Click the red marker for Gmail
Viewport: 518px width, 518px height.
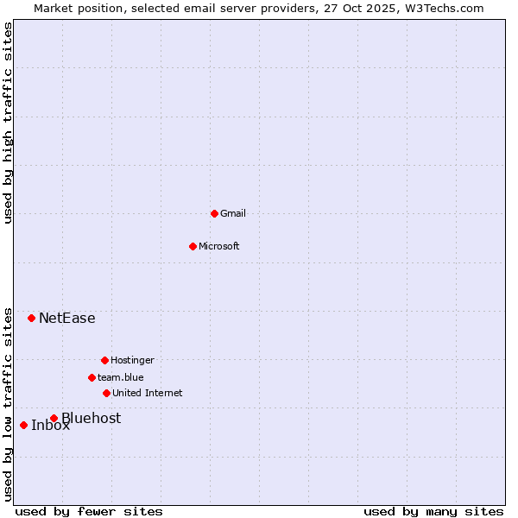coord(214,213)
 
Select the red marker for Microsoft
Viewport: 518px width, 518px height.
coord(193,246)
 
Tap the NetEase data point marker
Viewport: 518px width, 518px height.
coord(31,318)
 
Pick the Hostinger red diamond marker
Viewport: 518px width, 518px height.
coord(104,360)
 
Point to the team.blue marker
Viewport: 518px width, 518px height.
coord(92,377)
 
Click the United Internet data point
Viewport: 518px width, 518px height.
coord(106,393)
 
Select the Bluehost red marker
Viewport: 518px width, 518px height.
coord(54,418)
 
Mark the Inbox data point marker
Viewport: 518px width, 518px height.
coord(23,425)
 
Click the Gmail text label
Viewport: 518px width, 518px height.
coord(233,213)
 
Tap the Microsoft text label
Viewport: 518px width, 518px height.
coord(219,246)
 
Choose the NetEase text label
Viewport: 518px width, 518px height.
coord(67,318)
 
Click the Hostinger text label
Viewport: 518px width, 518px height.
coord(132,360)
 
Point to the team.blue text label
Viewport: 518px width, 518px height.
coord(121,377)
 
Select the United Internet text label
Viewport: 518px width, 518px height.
coord(148,393)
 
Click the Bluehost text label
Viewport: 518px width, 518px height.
coord(92,418)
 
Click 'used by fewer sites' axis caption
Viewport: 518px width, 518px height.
coord(89,511)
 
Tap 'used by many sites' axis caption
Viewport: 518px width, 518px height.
coord(433,511)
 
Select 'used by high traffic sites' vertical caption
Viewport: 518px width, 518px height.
coord(8,123)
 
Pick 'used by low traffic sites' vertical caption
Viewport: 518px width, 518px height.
coord(8,403)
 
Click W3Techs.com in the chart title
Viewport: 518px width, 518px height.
coord(444,8)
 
